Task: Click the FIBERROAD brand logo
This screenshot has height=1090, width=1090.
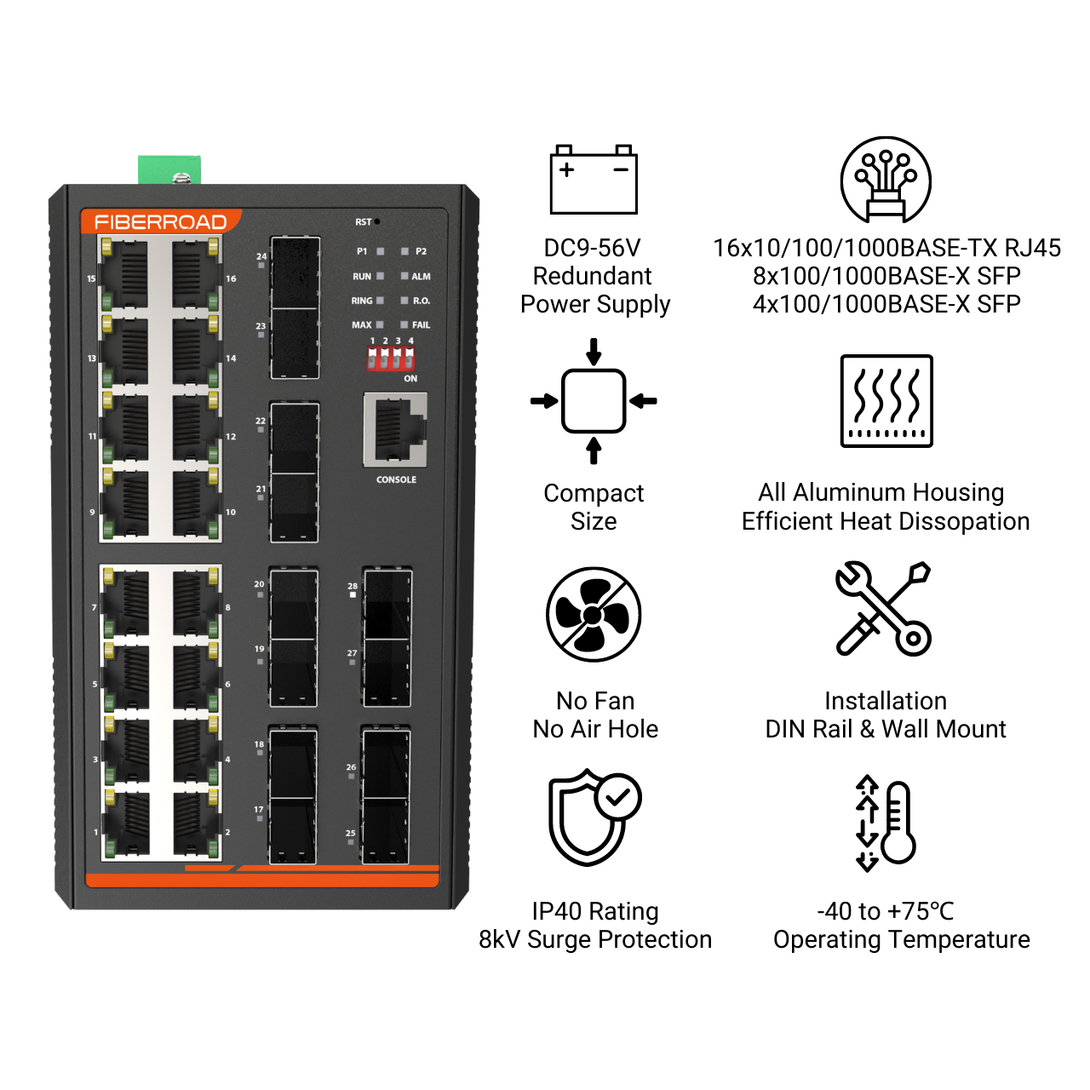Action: tap(160, 222)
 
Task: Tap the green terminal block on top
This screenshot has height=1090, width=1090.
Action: tap(169, 169)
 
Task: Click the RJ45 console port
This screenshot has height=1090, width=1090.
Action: tap(395, 429)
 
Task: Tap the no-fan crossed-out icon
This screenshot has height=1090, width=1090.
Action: tap(594, 614)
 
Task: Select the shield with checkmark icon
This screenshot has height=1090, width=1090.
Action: tap(594, 817)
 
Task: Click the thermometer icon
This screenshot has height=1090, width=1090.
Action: tap(886, 823)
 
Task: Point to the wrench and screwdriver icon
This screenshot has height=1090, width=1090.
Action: tap(883, 608)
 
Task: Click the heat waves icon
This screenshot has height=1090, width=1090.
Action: tap(886, 400)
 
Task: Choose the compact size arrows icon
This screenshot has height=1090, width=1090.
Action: tap(594, 401)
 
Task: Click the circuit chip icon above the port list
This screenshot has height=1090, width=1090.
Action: tap(886, 181)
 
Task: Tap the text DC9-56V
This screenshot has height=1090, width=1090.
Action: tap(592, 248)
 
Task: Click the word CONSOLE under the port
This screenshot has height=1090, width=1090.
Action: tap(397, 479)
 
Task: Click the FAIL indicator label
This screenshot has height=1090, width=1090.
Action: tap(421, 325)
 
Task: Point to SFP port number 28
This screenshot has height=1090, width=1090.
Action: tap(387, 603)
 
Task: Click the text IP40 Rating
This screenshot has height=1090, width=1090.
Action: tap(594, 911)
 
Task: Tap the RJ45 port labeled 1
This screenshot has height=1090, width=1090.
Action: tap(127, 824)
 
